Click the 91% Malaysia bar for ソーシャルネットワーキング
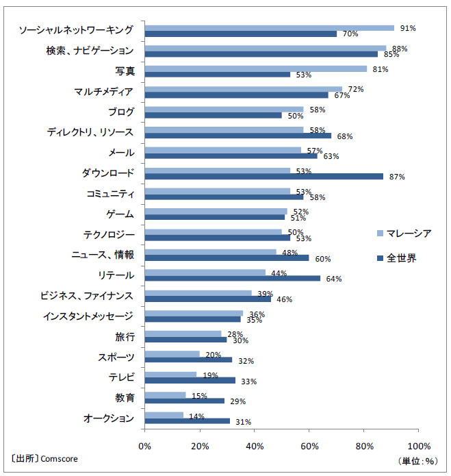point(269,28)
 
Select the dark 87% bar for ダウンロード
point(263,176)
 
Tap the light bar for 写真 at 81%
point(255,68)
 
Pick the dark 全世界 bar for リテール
point(232,278)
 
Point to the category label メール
point(122,153)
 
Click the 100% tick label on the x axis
point(418,445)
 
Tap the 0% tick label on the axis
point(145,445)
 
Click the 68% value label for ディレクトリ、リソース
point(344,136)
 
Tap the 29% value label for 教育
point(237,401)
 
